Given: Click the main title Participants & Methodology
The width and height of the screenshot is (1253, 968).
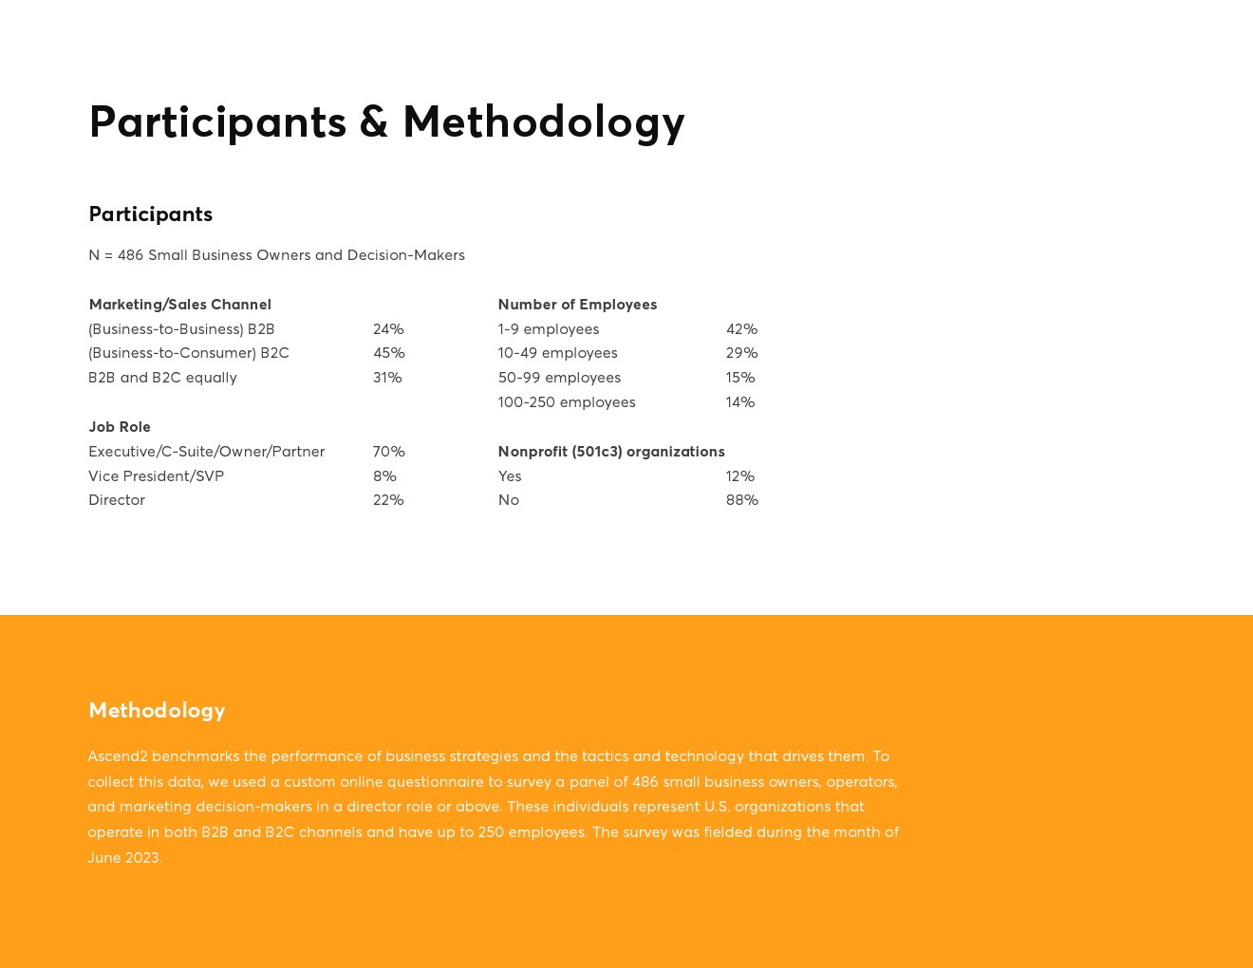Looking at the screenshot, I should pos(386,122).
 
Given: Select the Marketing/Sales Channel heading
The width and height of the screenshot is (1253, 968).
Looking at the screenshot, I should pos(179,305).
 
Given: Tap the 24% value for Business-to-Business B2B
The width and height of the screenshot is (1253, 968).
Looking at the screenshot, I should pos(388,329).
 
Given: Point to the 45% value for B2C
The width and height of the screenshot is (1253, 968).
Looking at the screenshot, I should pos(388,353).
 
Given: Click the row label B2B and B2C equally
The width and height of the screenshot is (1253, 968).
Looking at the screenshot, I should pos(162,378).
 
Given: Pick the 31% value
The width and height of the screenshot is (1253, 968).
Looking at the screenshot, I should pos(387,378).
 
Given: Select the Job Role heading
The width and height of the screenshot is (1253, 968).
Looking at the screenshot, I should pos(120,427).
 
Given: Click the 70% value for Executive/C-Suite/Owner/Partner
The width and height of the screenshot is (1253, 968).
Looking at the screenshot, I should pos(388,452).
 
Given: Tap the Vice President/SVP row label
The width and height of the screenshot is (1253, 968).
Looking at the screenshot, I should pos(156,476).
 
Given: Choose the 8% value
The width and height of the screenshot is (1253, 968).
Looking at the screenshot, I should pos(384,476).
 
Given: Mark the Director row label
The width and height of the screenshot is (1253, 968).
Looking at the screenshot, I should pos(117,500).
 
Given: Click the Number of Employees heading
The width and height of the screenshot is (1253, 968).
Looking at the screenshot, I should pos(577,305).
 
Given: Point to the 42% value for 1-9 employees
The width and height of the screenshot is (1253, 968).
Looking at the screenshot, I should pos(741,329).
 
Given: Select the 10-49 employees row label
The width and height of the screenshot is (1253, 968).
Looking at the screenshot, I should pos(557,353).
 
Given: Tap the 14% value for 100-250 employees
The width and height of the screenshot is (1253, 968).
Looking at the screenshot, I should pos(740,402).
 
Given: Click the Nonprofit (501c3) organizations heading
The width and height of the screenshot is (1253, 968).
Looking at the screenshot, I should pos(611,452).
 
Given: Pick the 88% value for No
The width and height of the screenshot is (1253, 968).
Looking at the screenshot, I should pos(741,500).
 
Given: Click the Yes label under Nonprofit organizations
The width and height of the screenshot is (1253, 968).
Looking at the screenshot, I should pos(510,476).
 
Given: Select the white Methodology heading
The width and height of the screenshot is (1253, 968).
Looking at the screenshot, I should pos(157,710).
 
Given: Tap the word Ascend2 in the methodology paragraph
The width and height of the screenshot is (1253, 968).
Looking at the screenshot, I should pos(118,756).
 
